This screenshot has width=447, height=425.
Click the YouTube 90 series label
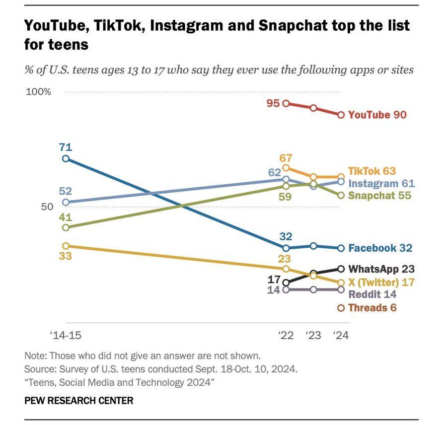pyautogui.click(x=377, y=115)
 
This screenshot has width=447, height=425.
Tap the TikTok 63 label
pyautogui.click(x=372, y=171)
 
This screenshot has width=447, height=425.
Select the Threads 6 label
pyautogui.click(x=372, y=308)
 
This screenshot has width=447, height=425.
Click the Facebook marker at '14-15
pyautogui.click(x=66, y=159)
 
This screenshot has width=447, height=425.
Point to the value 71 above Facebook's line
pyautogui.click(x=66, y=146)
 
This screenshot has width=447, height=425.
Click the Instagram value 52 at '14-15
pyautogui.click(x=66, y=191)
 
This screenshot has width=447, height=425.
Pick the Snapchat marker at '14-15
pyautogui.click(x=66, y=227)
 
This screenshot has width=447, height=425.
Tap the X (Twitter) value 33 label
pyautogui.click(x=66, y=257)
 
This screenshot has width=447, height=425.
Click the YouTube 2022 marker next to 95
pyautogui.click(x=286, y=103)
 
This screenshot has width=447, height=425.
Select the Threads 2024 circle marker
pyautogui.click(x=341, y=308)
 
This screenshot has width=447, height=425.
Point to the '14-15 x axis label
pyautogui.click(x=66, y=335)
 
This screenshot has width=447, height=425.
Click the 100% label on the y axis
pyautogui.click(x=39, y=92)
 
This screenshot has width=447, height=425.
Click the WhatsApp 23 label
pyautogui.click(x=381, y=269)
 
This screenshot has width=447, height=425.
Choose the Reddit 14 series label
pyautogui.click(x=372, y=294)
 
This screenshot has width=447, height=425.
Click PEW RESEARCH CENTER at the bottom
pyautogui.click(x=78, y=400)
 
